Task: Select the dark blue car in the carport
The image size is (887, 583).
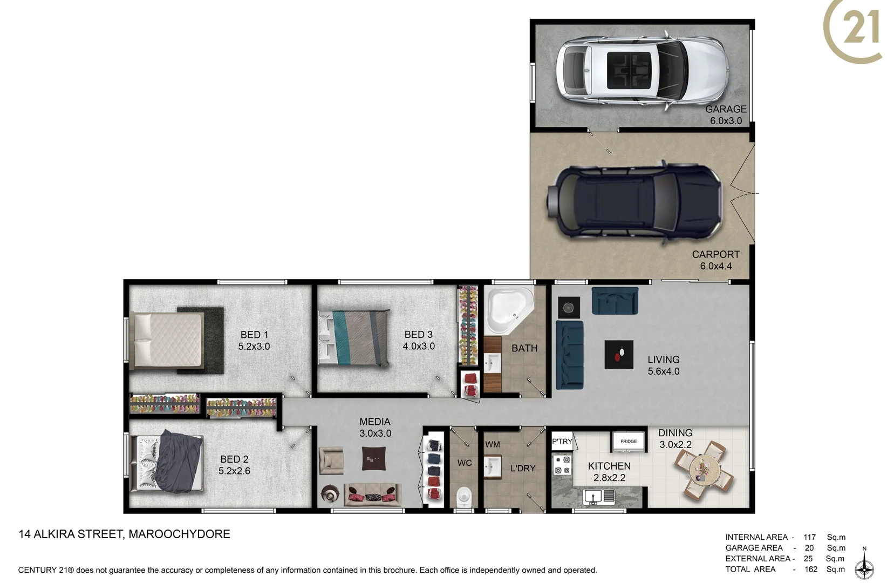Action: coord(634,202)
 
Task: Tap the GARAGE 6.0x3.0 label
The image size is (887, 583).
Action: coord(726,115)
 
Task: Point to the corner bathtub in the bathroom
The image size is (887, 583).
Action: coord(507,310)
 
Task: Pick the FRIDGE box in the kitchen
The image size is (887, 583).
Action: coord(629,442)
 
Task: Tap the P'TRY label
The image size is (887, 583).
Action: coord(562,442)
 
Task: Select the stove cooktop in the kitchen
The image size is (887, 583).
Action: coord(562,465)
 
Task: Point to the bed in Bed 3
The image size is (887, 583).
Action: coord(353,338)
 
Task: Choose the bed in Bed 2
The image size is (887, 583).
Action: coord(167,462)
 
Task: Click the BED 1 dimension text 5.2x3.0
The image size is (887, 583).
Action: coord(254,347)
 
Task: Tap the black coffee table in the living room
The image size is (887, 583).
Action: coord(619,355)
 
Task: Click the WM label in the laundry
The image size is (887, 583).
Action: coord(492,445)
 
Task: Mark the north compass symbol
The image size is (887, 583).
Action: coord(864,566)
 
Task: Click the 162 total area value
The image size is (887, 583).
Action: coord(811,569)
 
